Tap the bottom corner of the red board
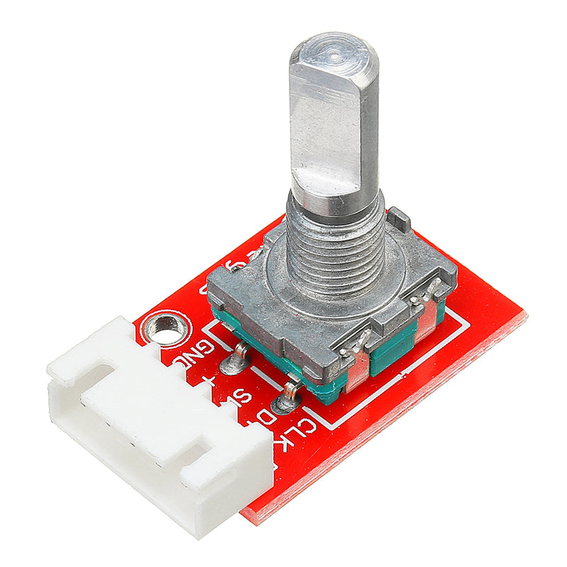(x=255, y=521)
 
